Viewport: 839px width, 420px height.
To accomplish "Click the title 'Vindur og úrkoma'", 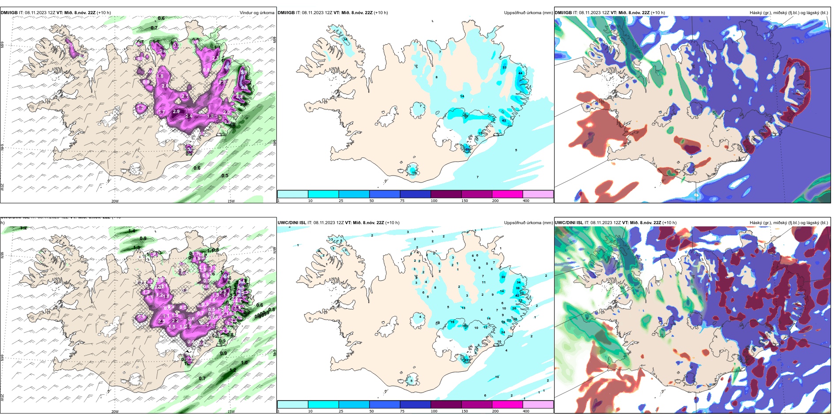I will click(257, 13).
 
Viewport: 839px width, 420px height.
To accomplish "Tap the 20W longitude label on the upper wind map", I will click(115, 201).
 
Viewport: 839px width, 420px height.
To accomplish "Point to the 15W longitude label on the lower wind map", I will click(231, 412).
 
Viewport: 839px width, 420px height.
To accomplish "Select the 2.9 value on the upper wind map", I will click(176, 111).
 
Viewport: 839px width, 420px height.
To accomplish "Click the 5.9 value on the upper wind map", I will click(244, 72).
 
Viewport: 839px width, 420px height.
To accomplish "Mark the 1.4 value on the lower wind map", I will click(132, 231).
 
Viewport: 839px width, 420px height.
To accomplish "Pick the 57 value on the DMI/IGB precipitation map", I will click(467, 149).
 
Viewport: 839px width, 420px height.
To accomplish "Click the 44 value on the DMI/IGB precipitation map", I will click(520, 73).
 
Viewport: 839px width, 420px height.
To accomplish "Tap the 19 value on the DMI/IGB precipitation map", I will click(414, 173).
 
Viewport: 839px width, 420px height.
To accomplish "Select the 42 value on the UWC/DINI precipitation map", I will click(517, 295).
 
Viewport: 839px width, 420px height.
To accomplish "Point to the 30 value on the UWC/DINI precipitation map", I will click(503, 277).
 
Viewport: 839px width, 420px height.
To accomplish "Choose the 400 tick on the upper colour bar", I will click(526, 201).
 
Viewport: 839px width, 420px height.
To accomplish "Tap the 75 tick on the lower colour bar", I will click(402, 411).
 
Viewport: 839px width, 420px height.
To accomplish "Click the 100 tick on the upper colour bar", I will click(434, 201).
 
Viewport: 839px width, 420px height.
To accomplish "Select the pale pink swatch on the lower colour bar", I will click(538, 405).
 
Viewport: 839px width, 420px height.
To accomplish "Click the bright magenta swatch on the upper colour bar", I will click(507, 194).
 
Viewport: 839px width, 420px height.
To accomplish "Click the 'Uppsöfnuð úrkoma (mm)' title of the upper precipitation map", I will click(528, 13).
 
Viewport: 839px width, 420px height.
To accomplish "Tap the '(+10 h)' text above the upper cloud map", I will click(658, 13).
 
